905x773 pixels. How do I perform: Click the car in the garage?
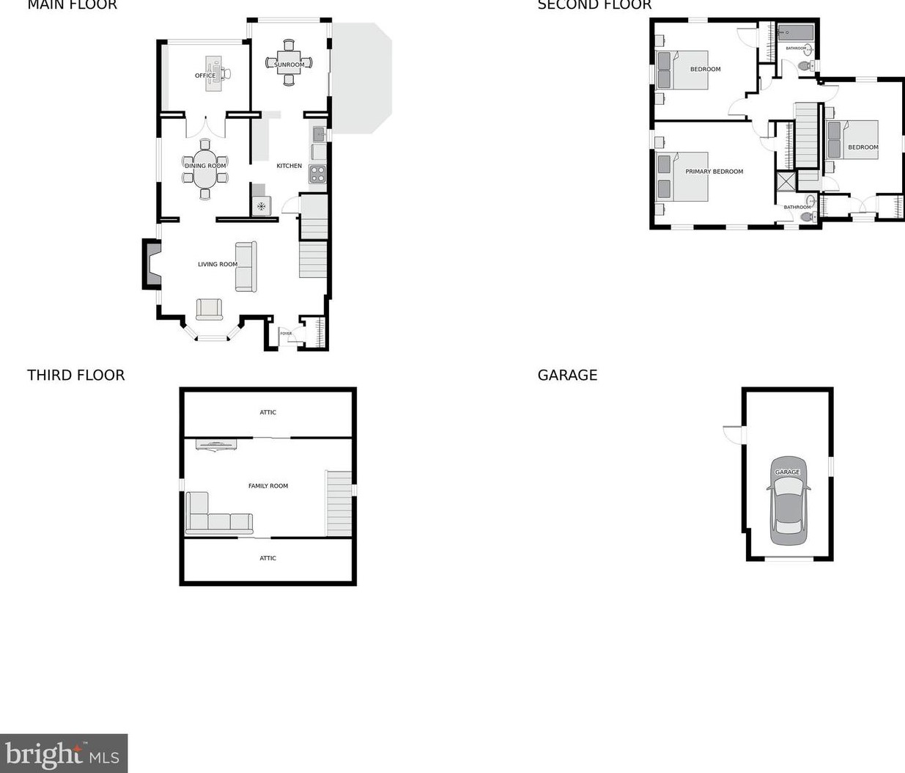788,502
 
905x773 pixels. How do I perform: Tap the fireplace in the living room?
152,265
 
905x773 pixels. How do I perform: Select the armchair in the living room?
209,309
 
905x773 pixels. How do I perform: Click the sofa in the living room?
245,266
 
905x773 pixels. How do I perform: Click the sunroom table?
289,63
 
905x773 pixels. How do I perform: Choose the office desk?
213,73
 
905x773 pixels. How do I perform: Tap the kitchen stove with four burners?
317,174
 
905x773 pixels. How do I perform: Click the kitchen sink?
319,134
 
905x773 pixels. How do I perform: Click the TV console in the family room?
216,444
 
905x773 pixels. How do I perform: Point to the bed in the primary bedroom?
682,176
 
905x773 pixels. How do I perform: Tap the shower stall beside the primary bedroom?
786,180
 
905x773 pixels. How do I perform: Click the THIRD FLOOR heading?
75,375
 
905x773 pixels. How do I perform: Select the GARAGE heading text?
567,375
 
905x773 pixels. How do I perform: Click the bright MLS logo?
64,753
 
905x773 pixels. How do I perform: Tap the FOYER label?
286,334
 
